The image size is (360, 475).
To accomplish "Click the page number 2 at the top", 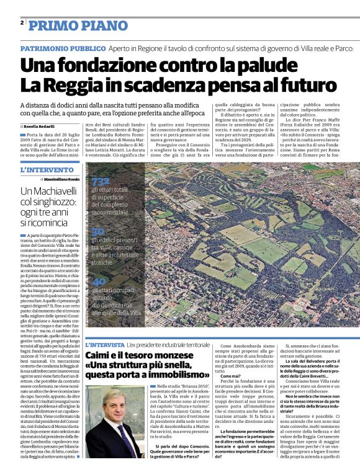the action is tap(22, 23).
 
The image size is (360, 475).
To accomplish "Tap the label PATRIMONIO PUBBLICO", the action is tap(62, 48).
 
